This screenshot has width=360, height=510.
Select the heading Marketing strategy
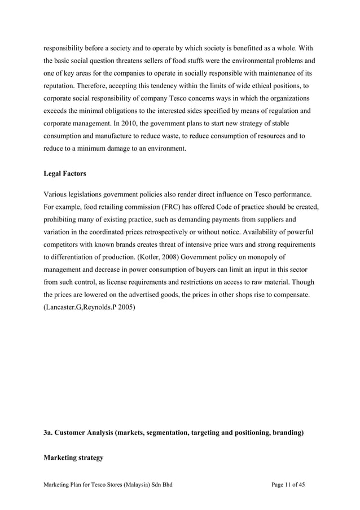point(73,457)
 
